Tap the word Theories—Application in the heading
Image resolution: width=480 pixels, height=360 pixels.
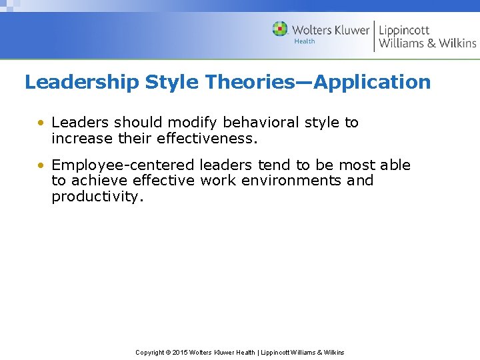point(319,83)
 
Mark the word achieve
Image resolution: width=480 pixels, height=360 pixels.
point(99,181)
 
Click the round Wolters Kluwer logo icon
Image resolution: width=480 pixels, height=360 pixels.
point(280,29)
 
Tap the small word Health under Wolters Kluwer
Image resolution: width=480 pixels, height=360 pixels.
point(305,41)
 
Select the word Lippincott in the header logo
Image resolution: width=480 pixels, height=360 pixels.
point(405,30)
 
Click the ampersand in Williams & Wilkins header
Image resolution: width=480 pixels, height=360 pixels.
point(430,43)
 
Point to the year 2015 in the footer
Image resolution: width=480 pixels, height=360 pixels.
point(180,352)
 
